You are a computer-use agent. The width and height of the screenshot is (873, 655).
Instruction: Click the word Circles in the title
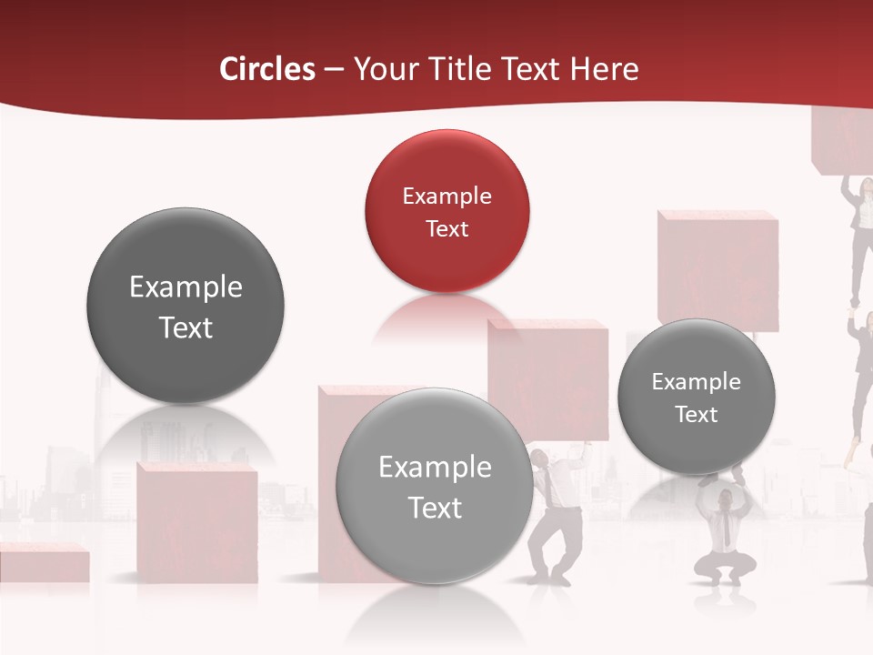(267, 69)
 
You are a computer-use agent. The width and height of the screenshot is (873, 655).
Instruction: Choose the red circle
(447, 211)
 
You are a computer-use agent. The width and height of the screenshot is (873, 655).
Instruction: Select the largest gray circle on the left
(186, 306)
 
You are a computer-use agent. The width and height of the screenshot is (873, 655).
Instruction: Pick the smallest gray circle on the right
(697, 397)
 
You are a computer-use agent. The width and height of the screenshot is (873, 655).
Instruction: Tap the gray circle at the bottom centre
(435, 486)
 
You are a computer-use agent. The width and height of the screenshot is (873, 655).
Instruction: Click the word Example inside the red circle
(447, 196)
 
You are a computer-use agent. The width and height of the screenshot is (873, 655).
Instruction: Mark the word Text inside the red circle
(447, 228)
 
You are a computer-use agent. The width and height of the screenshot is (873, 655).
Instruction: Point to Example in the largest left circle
(186, 287)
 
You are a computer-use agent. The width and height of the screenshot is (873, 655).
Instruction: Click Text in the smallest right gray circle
(697, 415)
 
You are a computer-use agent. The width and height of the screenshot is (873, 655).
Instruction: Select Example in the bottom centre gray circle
(435, 468)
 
